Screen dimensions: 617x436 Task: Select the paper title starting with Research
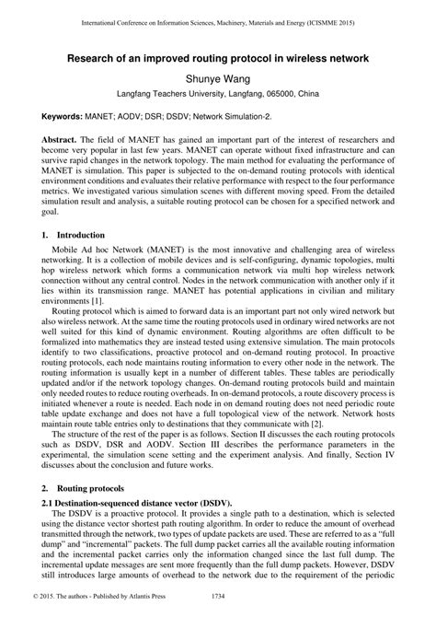[x=217, y=57]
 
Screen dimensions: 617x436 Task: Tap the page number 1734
[x=218, y=608]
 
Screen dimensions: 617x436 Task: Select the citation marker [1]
[x=119, y=300]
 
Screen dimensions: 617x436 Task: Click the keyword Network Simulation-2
[x=231, y=121]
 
